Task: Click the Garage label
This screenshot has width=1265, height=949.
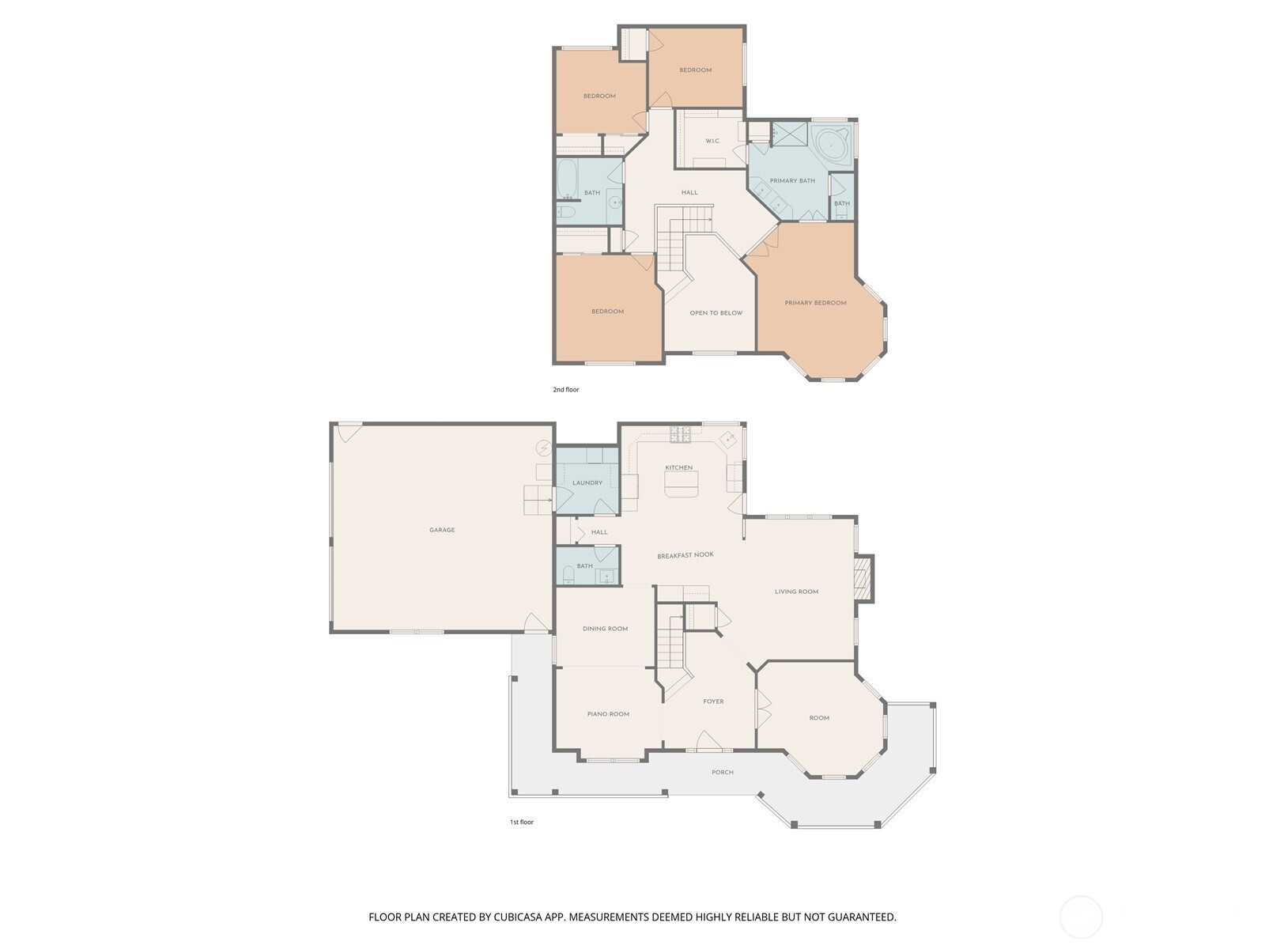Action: pos(441,530)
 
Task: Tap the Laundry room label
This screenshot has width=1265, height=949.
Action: pos(587,483)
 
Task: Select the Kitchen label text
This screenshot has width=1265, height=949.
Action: pos(679,467)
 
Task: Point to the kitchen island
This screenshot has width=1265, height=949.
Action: pos(682,483)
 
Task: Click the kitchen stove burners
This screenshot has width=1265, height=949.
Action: pos(680,434)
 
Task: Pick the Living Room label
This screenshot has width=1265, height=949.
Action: pos(796,592)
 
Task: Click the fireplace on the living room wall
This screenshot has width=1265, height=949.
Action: pos(863,579)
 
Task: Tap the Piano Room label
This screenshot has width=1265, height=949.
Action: pos(608,714)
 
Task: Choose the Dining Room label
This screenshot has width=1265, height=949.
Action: pos(605,629)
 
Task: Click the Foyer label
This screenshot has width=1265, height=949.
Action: pos(713,701)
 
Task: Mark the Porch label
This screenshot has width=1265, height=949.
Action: pos(723,772)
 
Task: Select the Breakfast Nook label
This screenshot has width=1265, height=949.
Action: pos(685,555)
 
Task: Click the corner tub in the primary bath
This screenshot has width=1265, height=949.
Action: pos(830,146)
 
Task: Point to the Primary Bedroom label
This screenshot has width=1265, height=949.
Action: pos(815,303)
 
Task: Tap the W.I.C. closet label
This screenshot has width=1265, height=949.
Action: pos(713,141)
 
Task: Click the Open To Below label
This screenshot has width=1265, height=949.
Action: pos(716,313)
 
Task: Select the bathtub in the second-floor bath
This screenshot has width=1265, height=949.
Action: pos(567,179)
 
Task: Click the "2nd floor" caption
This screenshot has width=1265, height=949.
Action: pos(566,390)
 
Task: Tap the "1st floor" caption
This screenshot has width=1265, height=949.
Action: pos(522,822)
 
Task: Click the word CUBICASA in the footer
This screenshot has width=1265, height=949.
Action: pos(518,917)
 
